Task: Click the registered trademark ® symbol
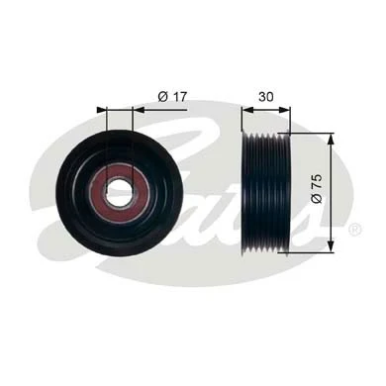click(x=353, y=229)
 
